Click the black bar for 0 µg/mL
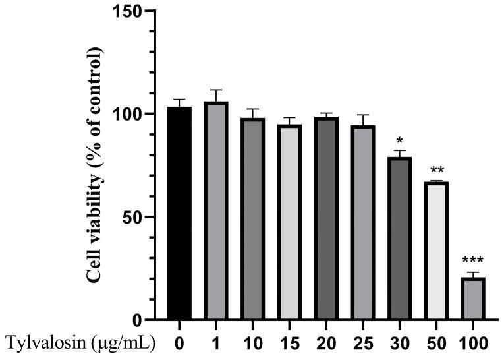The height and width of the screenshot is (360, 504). pyautogui.click(x=179, y=214)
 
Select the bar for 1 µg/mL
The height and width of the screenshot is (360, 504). pyautogui.click(x=216, y=211)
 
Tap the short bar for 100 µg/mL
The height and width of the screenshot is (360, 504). pyautogui.click(x=472, y=299)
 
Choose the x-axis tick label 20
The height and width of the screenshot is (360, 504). pyautogui.click(x=325, y=343)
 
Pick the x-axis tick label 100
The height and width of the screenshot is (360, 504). pyautogui.click(x=472, y=343)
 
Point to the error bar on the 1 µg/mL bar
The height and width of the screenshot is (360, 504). pyautogui.click(x=216, y=95)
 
